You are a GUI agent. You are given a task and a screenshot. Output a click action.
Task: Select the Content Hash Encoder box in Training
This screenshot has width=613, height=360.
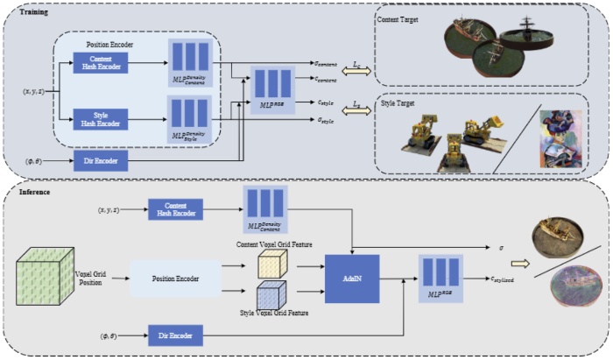pyautogui.click(x=101, y=62)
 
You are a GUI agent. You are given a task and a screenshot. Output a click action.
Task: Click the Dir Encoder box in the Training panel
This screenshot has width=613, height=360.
pyautogui.click(x=102, y=161)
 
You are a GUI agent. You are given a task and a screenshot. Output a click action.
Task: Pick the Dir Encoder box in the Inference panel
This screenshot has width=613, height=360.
pyautogui.click(x=173, y=335)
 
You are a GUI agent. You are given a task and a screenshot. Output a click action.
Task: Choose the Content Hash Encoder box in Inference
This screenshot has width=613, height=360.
pyautogui.click(x=175, y=209)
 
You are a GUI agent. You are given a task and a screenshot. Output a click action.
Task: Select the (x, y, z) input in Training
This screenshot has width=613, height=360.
pyautogui.click(x=34, y=90)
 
